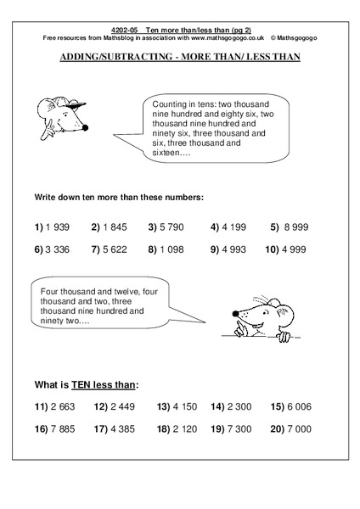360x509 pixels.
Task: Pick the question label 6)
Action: coord(39,251)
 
